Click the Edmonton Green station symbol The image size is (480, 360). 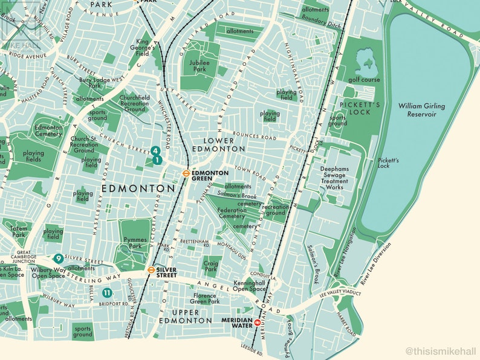tap(187, 172)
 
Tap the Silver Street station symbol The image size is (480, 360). tap(151, 270)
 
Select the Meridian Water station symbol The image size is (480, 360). tap(258, 323)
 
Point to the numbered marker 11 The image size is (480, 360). tap(106, 293)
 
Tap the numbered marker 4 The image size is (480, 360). tap(155, 150)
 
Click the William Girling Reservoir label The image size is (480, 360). tap(421, 110)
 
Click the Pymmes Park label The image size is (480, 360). tap(134, 242)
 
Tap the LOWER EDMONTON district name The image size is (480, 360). tap(218, 144)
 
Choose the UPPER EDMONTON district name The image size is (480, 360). tap(185, 316)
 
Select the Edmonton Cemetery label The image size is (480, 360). tap(48, 131)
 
